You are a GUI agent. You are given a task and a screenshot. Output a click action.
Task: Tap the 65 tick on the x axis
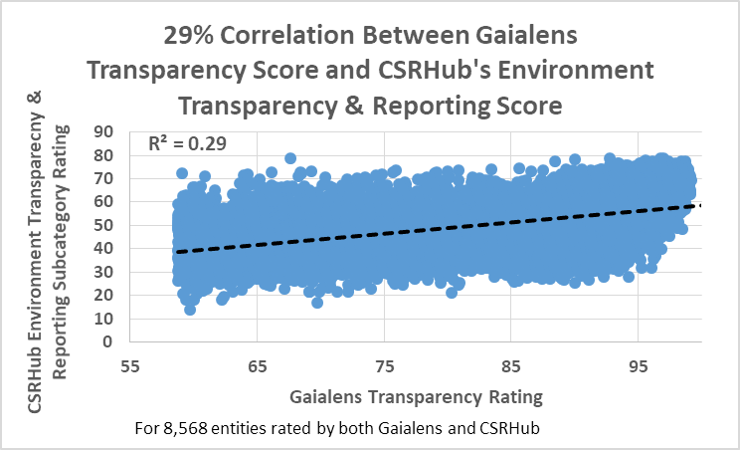point(258,365)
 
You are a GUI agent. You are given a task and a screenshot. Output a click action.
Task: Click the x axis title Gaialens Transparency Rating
point(416,396)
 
